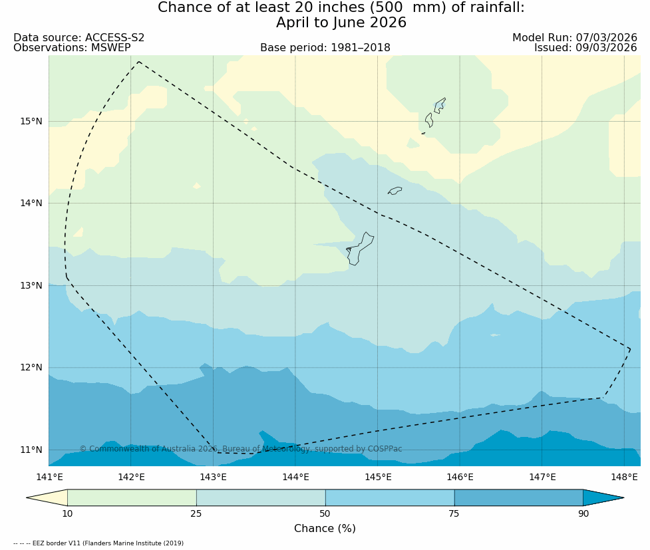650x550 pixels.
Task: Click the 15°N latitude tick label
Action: click(31, 121)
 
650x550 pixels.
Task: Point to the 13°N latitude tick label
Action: click(31, 285)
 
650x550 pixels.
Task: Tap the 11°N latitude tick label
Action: click(31, 450)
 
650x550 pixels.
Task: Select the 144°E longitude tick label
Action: click(295, 477)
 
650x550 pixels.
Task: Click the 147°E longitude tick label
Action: click(542, 477)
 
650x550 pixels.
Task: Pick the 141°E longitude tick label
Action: click(49, 477)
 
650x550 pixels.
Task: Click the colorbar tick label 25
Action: click(196, 513)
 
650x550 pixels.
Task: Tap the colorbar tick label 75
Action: click(454, 513)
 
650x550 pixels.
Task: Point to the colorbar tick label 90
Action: click(583, 513)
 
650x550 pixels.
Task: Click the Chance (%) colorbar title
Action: click(325, 529)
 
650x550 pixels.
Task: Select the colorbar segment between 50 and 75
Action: click(390, 497)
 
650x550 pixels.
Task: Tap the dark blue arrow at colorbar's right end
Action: click(603, 497)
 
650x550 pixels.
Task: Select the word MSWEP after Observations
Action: click(110, 48)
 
